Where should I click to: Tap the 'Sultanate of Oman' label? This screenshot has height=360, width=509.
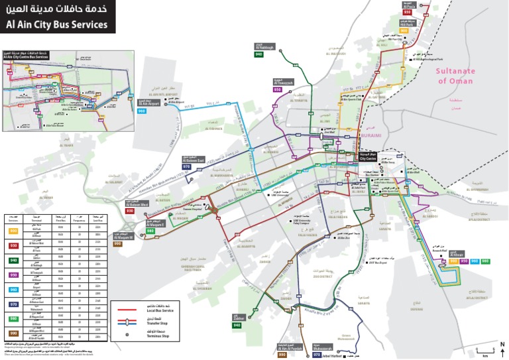click(455, 75)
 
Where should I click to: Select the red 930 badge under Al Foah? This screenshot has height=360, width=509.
click(408, 12)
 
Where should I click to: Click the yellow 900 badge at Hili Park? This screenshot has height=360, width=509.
click(404, 30)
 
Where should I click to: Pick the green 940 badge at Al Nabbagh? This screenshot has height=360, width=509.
click(259, 55)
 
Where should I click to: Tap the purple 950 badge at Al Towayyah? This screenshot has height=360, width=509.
click(278, 90)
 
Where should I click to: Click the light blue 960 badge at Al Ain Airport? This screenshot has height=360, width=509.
click(142, 111)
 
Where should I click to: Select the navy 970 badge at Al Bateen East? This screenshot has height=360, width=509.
click(187, 167)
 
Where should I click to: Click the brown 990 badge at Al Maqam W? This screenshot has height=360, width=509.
click(117, 244)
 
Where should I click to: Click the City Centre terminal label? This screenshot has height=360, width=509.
click(367, 158)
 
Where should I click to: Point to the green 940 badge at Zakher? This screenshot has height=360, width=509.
click(237, 326)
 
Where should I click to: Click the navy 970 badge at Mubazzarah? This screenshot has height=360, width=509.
click(317, 355)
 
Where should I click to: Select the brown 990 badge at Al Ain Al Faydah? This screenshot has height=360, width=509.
click(282, 355)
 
